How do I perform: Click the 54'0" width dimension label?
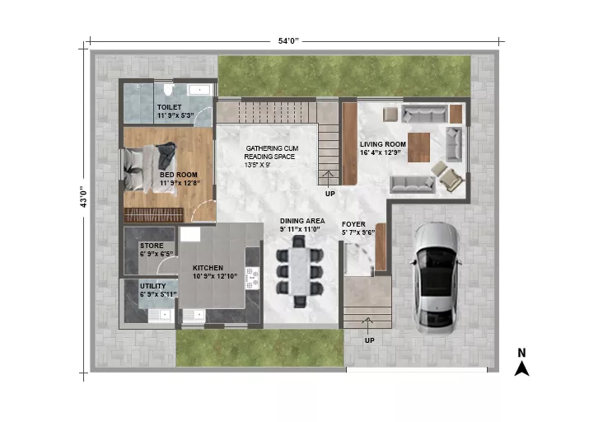click(288, 40)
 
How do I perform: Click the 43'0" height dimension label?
click(83, 197)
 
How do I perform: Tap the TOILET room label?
click(169, 107)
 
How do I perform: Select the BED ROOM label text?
click(179, 175)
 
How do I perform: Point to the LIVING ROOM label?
click(383, 144)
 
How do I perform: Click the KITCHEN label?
click(208, 268)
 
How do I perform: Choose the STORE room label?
click(152, 246)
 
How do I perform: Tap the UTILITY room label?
click(153, 286)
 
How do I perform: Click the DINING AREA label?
click(302, 221)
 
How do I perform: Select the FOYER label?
click(353, 224)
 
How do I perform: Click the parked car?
click(437, 278)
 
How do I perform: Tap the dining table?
click(300, 272)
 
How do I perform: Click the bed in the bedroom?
click(150, 169)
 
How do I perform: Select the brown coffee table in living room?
click(418, 147)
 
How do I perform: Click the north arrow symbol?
click(521, 368)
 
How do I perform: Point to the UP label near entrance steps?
click(370, 340)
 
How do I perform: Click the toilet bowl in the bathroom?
click(167, 90)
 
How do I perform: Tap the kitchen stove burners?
click(252, 277)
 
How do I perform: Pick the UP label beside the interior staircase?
click(330, 194)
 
